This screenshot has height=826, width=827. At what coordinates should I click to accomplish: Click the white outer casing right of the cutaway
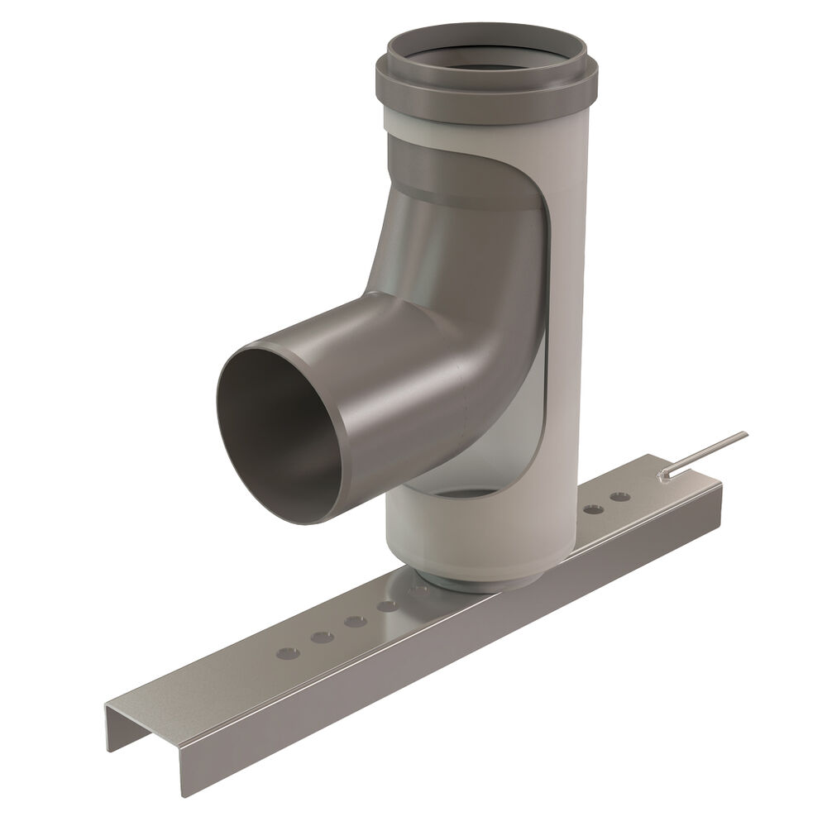571,331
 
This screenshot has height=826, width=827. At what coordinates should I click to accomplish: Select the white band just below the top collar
488,132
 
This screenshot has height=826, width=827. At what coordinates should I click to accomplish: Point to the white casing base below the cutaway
463,537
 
